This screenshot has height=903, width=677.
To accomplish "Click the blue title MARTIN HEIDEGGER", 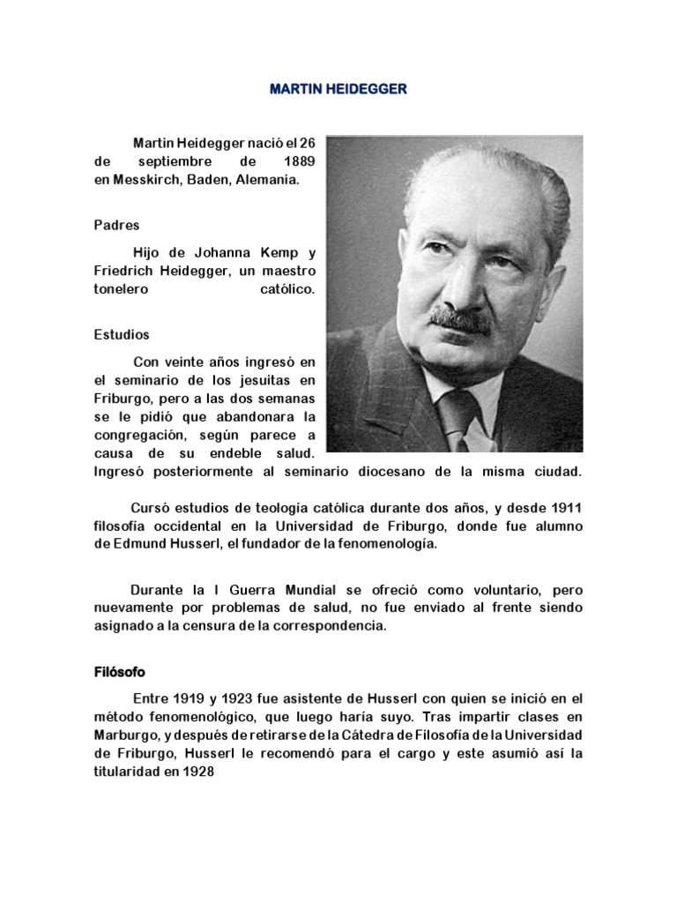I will click(338, 91).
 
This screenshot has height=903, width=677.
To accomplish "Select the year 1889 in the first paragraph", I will click(296, 163).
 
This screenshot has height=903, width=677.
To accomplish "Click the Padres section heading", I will click(116, 225).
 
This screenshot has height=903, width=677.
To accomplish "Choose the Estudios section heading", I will click(122, 335).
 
